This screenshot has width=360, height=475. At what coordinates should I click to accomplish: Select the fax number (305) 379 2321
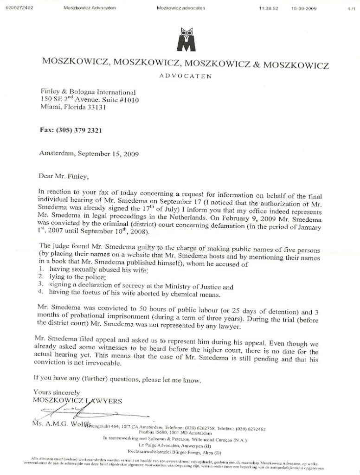click(x=71, y=130)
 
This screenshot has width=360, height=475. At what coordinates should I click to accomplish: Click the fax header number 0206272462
click(x=18, y=8)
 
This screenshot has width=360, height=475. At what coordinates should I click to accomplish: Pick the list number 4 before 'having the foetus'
click(x=41, y=293)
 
